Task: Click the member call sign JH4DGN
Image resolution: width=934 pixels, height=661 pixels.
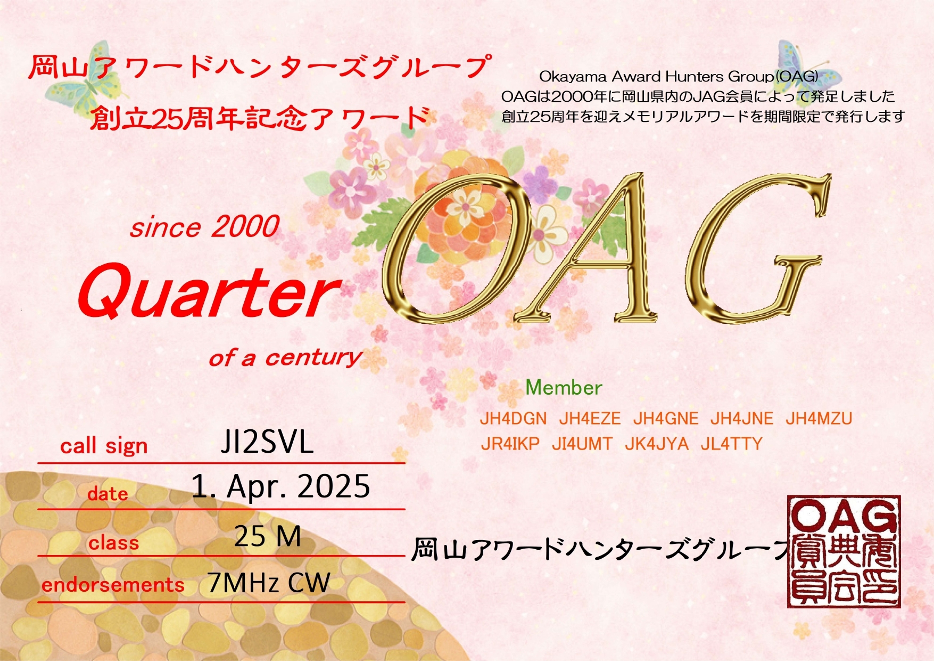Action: [513, 419]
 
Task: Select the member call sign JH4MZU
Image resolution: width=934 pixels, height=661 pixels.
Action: [819, 419]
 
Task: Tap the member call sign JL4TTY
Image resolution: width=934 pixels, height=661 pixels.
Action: [731, 444]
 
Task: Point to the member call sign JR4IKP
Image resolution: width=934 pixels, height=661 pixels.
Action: [510, 444]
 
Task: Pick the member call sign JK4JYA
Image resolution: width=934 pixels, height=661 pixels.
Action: [656, 444]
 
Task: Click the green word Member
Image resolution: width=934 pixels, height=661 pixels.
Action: [564, 388]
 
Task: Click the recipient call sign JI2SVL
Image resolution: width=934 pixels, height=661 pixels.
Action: [267, 442]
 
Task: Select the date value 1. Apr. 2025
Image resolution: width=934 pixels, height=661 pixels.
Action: [280, 486]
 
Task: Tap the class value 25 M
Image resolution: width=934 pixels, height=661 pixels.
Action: [268, 536]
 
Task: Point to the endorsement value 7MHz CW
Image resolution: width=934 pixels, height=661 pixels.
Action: [269, 583]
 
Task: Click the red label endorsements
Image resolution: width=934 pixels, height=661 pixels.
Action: [113, 585]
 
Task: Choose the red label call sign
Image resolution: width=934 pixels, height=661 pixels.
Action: [104, 446]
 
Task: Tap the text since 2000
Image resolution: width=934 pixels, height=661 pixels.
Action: [204, 227]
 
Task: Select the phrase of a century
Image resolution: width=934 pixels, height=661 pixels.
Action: [285, 357]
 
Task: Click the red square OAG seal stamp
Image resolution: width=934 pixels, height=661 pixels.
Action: [844, 551]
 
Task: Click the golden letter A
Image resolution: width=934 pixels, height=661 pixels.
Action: [596, 250]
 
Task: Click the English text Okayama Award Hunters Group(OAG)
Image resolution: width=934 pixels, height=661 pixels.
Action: [679, 77]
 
